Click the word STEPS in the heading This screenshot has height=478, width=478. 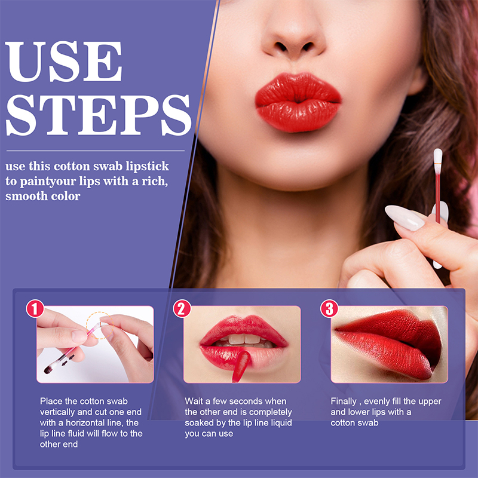98,115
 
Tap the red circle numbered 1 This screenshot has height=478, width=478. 35,308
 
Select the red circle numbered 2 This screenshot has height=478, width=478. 182,308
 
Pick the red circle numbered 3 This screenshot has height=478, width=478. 329,308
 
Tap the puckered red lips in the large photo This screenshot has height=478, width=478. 298,102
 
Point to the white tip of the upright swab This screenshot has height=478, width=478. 438,156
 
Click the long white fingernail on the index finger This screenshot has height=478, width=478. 404,217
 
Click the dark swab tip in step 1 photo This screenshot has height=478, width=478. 48,370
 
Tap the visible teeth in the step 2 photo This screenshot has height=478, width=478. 244,340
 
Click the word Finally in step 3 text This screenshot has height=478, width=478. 344,402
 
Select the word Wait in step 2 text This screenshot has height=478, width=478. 194,401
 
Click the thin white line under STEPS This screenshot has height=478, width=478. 96,151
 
